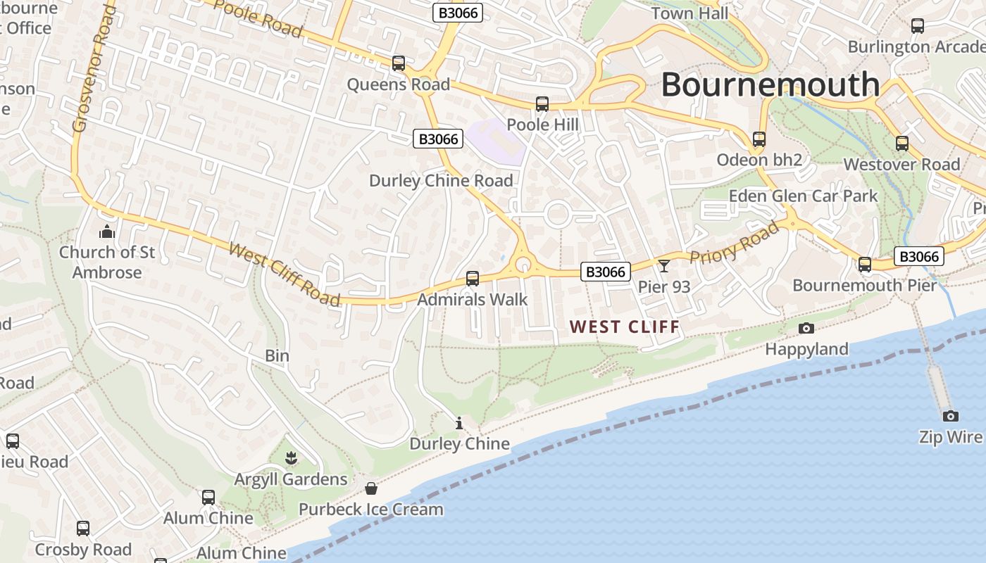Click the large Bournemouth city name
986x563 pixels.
click(770, 84)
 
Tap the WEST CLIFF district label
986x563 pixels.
click(625, 327)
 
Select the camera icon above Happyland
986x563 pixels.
click(806, 328)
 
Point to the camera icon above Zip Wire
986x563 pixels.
click(950, 416)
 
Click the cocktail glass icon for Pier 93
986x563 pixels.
click(663, 266)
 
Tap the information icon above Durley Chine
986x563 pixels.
click(459, 423)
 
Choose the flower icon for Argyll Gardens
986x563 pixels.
click(291, 459)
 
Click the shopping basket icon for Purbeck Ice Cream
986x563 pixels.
click(371, 488)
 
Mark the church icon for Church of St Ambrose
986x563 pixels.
click(107, 231)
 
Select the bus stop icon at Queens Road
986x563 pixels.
click(399, 63)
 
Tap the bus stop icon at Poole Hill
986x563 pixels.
click(542, 104)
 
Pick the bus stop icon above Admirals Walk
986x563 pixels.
click(473, 279)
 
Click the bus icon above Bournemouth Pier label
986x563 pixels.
click(864, 265)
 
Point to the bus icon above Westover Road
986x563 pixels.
click(902, 144)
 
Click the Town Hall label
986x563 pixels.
click(689, 13)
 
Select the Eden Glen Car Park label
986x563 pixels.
click(803, 196)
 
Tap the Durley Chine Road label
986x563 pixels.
click(441, 181)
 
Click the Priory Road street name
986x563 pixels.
click(735, 242)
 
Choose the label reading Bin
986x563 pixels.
click(277, 356)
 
